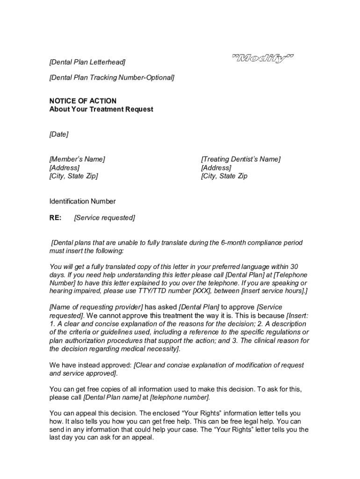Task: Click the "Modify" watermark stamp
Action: [263, 59]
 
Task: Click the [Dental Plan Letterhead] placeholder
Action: [87, 62]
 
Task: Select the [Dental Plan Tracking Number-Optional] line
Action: [112, 77]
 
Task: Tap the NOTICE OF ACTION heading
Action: [83, 101]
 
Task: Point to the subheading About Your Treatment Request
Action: [101, 109]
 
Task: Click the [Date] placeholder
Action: [59, 134]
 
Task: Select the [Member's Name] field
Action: [77, 159]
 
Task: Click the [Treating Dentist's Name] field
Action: [241, 159]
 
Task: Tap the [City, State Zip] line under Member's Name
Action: [74, 176]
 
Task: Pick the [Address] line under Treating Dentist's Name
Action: [216, 167]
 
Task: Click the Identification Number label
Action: [82, 201]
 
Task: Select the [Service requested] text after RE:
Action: [105, 218]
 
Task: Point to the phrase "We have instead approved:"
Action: [91, 365]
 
